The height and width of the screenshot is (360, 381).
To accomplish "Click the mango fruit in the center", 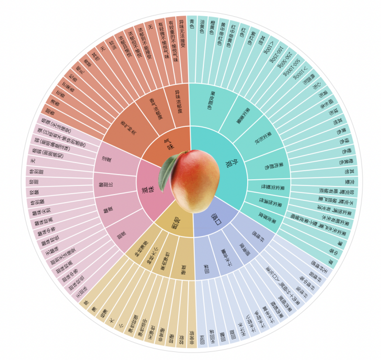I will click(195, 180).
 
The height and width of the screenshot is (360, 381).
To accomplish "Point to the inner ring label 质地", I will click(172, 223).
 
